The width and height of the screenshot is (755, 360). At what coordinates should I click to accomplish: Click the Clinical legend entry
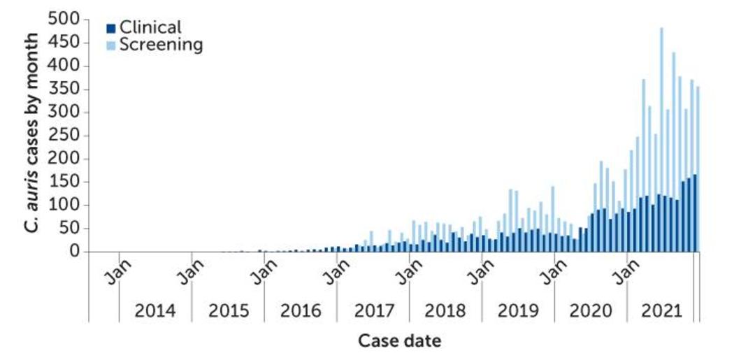(x=143, y=28)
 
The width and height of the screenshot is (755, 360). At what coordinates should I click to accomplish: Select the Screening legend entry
(x=154, y=45)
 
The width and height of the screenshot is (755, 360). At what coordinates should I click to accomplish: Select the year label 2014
(x=155, y=311)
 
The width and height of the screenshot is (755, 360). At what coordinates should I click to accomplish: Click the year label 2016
(x=301, y=311)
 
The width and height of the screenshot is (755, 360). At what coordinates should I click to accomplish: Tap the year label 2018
(x=445, y=311)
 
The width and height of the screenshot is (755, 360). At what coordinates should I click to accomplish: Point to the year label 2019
(x=518, y=311)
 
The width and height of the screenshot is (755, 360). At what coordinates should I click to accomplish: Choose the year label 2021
(x=662, y=311)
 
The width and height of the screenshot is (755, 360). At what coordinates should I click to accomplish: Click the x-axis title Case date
(x=399, y=341)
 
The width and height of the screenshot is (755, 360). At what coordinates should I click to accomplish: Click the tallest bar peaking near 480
(x=661, y=139)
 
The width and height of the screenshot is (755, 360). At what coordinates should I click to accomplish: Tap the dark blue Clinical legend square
(x=110, y=29)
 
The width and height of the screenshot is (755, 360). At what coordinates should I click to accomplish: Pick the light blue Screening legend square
(x=110, y=45)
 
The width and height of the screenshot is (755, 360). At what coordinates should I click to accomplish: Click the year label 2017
(x=374, y=311)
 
